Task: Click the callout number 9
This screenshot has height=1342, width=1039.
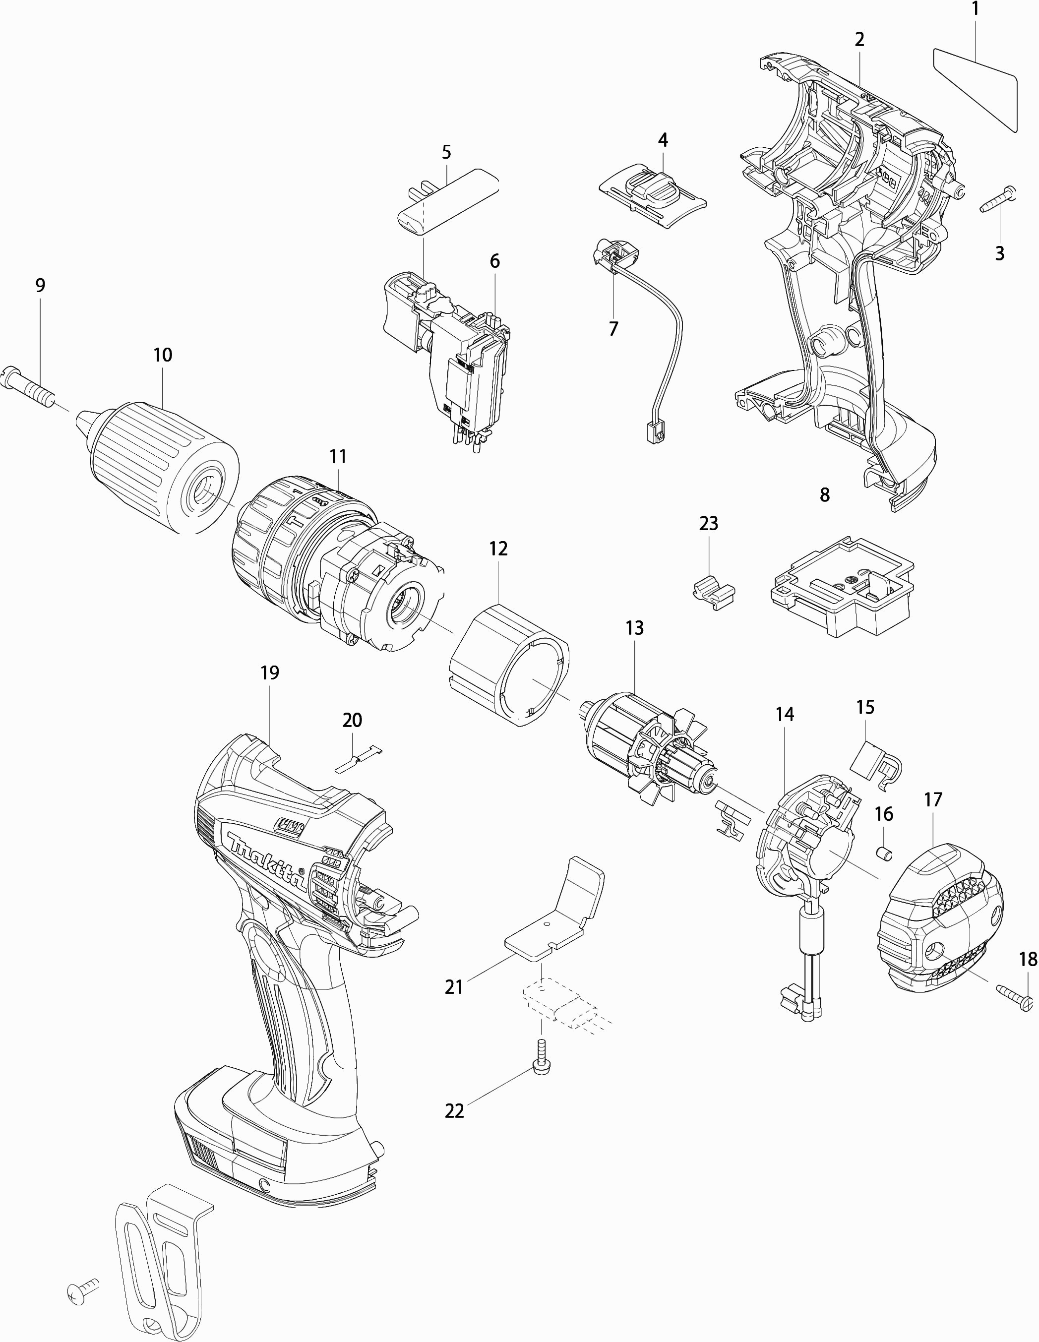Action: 41,285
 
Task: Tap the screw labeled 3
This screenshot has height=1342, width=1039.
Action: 998,201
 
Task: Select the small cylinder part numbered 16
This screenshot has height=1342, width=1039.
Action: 885,854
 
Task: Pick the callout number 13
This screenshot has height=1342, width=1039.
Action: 634,628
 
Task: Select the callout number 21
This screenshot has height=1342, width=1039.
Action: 453,987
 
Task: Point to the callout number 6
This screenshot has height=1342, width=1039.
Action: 494,261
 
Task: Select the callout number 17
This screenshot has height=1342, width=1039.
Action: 933,799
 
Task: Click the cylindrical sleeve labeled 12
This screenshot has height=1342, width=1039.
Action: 509,665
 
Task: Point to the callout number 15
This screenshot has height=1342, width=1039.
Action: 865,707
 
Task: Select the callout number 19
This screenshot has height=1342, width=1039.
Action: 270,673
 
